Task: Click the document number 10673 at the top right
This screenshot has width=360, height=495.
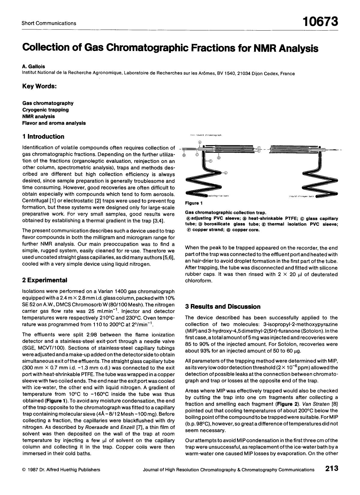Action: [320, 22]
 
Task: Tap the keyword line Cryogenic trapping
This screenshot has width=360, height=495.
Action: [46, 110]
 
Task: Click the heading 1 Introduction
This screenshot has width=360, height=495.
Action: [43, 137]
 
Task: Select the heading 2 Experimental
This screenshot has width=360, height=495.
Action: [45, 280]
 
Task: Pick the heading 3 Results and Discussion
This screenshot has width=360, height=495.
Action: [223, 306]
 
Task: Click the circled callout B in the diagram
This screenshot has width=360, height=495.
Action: [184, 155]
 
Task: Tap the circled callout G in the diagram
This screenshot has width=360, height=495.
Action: [226, 173]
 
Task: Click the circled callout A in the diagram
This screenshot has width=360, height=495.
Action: [200, 142]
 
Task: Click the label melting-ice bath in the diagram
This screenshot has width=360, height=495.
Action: [219, 196]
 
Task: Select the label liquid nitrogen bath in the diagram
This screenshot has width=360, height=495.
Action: [301, 196]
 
